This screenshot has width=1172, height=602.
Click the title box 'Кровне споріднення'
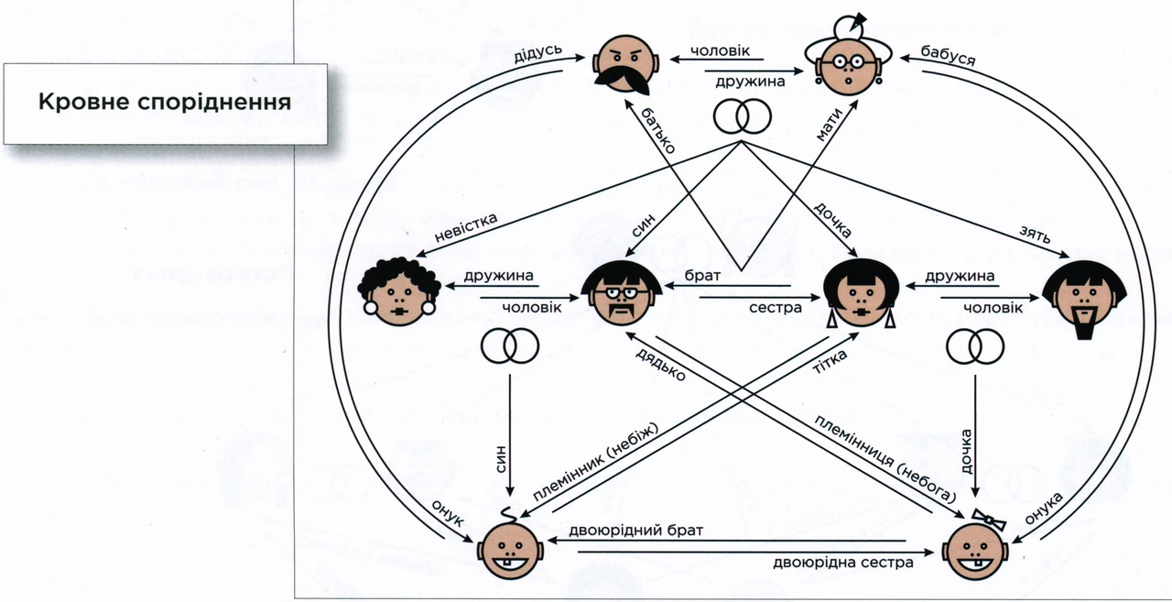166,104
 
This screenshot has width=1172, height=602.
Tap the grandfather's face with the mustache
625,65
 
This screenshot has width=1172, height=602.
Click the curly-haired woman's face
398,291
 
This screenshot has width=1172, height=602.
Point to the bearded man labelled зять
1084,299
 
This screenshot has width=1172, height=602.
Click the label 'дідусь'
537,53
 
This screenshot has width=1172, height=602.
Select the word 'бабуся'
948,56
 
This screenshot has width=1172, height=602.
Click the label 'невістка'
466,227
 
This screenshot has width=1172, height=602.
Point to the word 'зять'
1035,235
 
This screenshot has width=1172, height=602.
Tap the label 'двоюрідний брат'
635,531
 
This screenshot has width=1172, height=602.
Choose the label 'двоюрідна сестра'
843,563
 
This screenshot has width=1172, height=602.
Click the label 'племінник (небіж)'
595,461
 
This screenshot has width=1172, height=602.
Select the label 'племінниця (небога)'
884,458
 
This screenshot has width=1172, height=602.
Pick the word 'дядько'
660,364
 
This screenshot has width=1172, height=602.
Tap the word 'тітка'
830,362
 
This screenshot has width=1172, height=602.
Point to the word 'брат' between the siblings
702,276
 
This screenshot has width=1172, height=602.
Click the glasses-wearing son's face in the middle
622,293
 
